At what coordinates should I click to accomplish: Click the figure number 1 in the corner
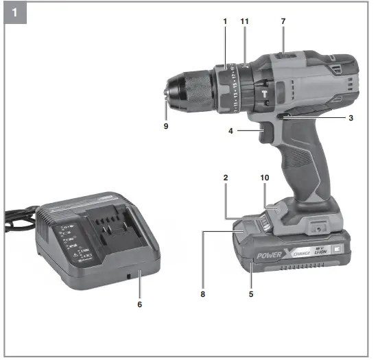coord(14,12)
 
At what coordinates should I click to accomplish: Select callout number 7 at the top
coord(283,23)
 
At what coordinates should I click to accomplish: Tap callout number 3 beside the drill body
coord(351,119)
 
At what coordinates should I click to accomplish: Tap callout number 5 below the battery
coord(252,294)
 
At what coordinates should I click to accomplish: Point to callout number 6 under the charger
coord(140,303)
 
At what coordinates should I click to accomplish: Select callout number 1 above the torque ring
coord(224,23)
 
